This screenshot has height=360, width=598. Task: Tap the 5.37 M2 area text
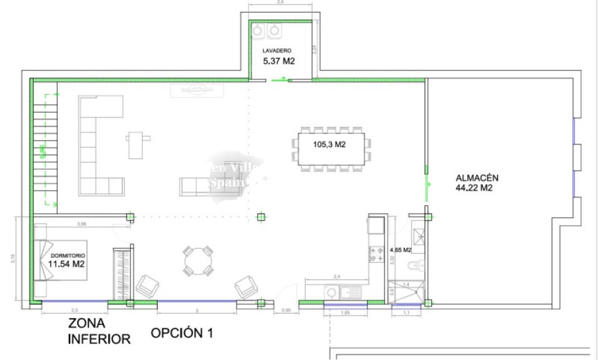[x=279, y=61]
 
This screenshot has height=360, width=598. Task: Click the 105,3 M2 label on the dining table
[x=330, y=145]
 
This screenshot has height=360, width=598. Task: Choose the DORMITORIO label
[x=68, y=256]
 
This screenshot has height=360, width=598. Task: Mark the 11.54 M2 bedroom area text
[x=66, y=264]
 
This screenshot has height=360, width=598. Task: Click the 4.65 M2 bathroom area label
[x=400, y=250]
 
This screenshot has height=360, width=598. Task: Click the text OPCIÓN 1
[x=182, y=334]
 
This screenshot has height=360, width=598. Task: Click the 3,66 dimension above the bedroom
[x=81, y=224]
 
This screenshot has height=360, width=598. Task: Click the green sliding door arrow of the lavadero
[x=281, y=80]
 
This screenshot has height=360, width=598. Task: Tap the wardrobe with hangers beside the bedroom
[x=120, y=274]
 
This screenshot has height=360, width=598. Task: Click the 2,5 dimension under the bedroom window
[x=75, y=311]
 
